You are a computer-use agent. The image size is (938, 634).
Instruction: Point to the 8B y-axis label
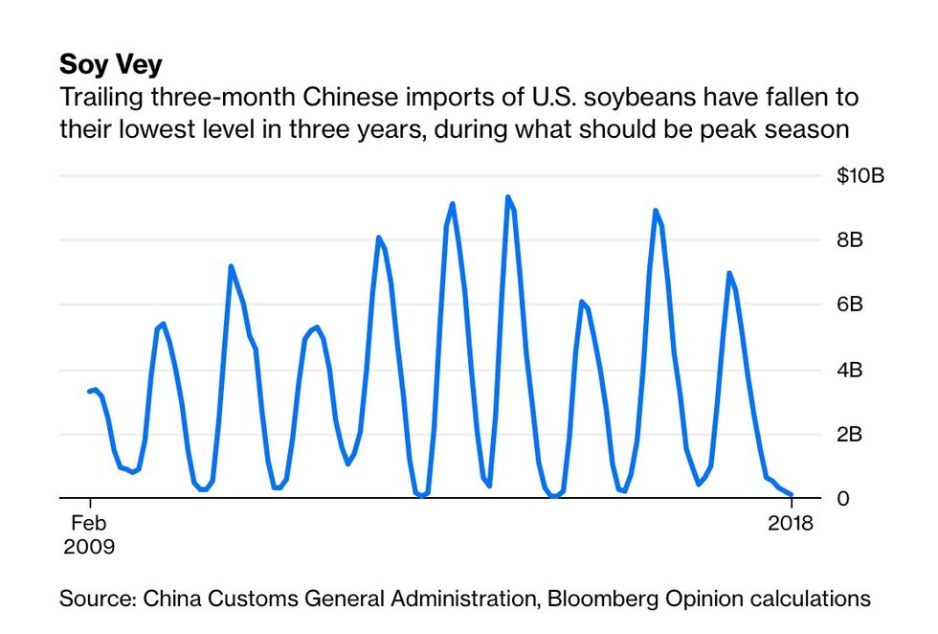tap(850, 240)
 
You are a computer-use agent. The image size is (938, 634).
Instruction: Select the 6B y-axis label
tap(850, 305)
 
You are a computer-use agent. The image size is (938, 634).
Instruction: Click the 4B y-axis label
tap(850, 370)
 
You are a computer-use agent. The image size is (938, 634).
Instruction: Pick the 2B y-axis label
tap(850, 434)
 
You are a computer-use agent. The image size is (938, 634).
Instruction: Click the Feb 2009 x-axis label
tap(88, 534)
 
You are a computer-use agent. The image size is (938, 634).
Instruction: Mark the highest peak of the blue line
tap(507, 197)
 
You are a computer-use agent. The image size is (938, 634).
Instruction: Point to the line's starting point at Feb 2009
tap(89, 391)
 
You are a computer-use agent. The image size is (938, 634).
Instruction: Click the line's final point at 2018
tap(792, 494)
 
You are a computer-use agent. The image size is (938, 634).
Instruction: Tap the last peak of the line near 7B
tap(729, 273)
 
